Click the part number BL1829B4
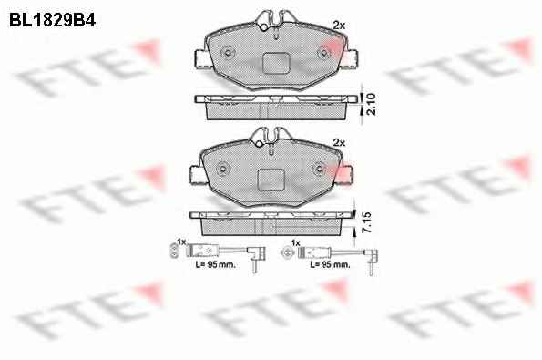tap(52, 20)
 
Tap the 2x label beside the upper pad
tap(339, 26)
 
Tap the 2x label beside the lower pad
tap(339, 142)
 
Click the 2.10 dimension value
tap(371, 104)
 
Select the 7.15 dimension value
tap(367, 222)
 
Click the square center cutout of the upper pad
tap(276, 63)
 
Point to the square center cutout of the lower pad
tap(271, 180)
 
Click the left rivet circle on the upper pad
tap(228, 53)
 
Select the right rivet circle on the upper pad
tap(324, 54)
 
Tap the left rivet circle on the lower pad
tap(223, 170)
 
